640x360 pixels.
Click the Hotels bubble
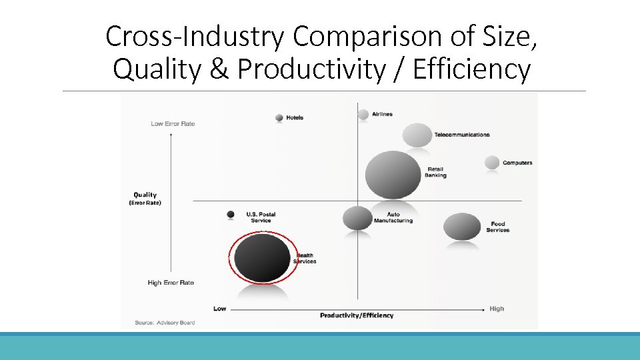(x=279, y=118)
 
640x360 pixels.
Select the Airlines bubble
(x=363, y=114)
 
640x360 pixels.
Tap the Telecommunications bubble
(x=417, y=135)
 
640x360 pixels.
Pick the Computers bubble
(x=492, y=162)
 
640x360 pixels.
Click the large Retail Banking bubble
(x=393, y=175)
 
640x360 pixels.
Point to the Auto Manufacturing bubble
(x=357, y=217)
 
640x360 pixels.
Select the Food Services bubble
(x=462, y=227)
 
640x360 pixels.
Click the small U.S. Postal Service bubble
(x=231, y=214)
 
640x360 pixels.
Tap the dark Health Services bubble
(x=263, y=257)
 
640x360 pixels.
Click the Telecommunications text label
(x=462, y=135)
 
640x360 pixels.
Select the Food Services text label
(x=497, y=227)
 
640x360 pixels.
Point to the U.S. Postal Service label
(x=261, y=217)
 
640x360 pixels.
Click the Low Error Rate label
(x=173, y=123)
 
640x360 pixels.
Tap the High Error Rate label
(x=171, y=283)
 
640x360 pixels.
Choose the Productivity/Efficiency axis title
(x=357, y=315)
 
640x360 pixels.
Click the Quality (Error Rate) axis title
(x=145, y=199)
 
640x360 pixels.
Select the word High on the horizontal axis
(x=497, y=309)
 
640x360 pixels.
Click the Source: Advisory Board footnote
(x=165, y=323)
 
